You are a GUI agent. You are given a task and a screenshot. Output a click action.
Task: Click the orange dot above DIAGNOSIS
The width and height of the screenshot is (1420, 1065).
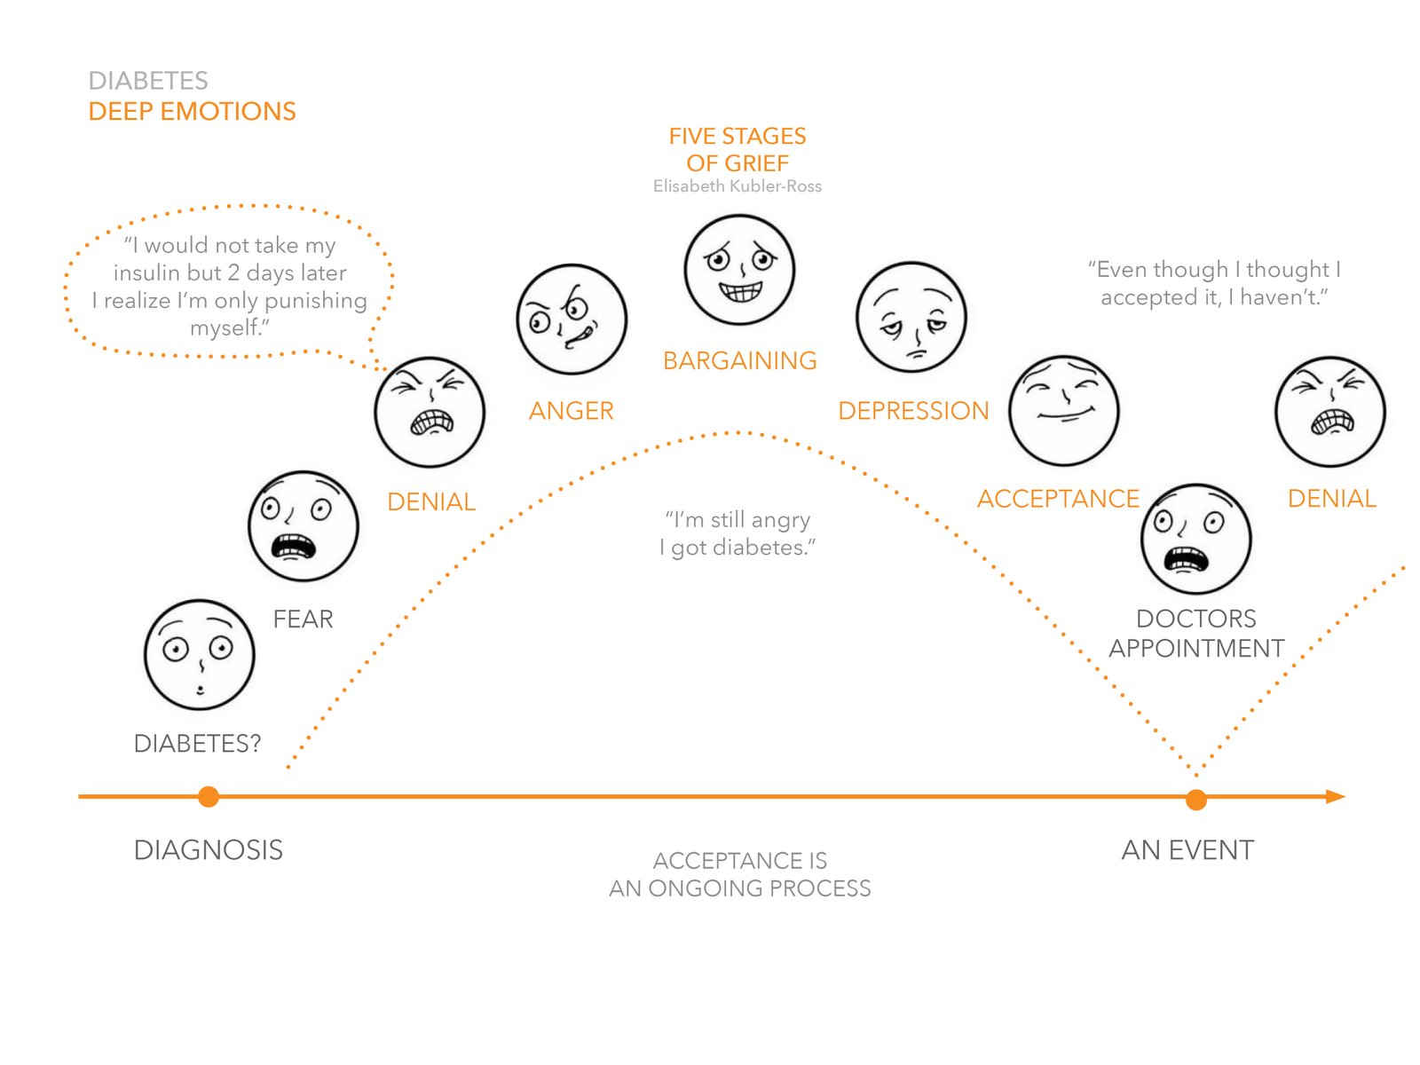[x=208, y=796]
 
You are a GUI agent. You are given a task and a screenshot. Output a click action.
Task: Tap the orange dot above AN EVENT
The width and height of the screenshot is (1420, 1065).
[x=1195, y=800]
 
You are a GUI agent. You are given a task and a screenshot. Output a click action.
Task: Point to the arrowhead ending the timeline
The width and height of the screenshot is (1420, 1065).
[x=1335, y=796]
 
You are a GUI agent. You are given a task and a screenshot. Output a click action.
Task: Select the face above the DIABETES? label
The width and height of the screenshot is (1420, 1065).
[x=200, y=654]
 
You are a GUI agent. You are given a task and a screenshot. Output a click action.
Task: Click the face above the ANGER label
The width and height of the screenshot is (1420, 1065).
[x=572, y=319]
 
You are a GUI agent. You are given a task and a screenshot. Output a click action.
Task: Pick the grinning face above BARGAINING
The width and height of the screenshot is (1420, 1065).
[x=739, y=269]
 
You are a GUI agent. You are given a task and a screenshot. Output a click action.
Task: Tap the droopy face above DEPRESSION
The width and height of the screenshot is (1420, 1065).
[x=911, y=317]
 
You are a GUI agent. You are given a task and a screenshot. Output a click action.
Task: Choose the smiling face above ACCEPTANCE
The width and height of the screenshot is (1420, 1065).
[x=1063, y=410]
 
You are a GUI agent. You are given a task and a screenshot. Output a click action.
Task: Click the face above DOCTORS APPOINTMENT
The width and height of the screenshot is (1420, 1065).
[x=1195, y=538]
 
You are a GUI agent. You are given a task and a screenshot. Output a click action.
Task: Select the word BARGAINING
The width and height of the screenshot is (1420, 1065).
[x=739, y=360]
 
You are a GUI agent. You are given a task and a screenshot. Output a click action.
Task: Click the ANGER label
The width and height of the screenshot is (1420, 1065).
[x=571, y=411]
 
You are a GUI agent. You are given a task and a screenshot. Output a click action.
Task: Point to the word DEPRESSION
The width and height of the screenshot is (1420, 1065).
[x=913, y=411]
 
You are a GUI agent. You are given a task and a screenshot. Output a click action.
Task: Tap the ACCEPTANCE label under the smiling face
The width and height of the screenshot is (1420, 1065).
[x=1058, y=499]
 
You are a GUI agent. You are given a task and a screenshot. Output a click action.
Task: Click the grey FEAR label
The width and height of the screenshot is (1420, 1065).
[x=303, y=619]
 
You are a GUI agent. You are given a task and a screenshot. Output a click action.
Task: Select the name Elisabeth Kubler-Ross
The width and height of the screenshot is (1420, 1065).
[x=737, y=186]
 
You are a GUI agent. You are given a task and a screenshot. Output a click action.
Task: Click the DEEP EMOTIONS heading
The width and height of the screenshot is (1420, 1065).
[x=192, y=111]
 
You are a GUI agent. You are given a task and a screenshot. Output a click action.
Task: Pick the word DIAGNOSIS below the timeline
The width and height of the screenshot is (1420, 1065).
[x=209, y=849]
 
